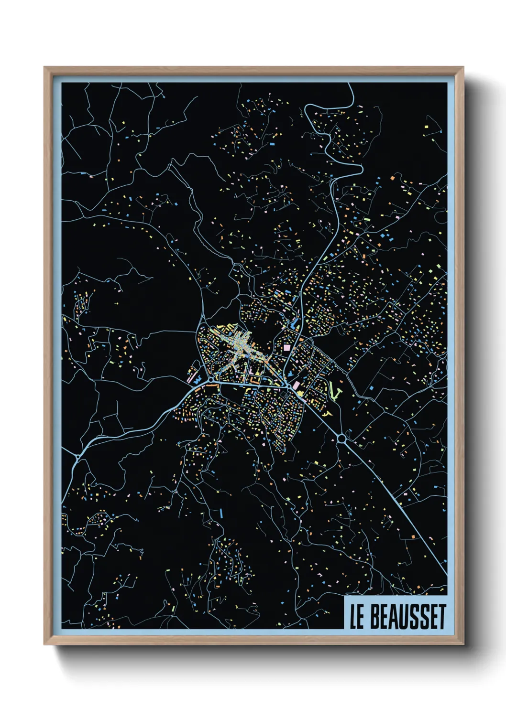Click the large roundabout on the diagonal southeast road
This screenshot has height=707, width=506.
tap(342, 438)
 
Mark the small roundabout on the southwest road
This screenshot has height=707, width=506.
tap(77, 458)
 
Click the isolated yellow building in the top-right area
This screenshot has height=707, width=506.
tap(426, 127)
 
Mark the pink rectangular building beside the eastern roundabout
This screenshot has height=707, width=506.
tap(296, 385)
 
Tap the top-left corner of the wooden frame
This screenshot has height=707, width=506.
tap(44, 67)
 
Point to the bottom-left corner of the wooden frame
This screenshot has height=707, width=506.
tap(44, 644)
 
